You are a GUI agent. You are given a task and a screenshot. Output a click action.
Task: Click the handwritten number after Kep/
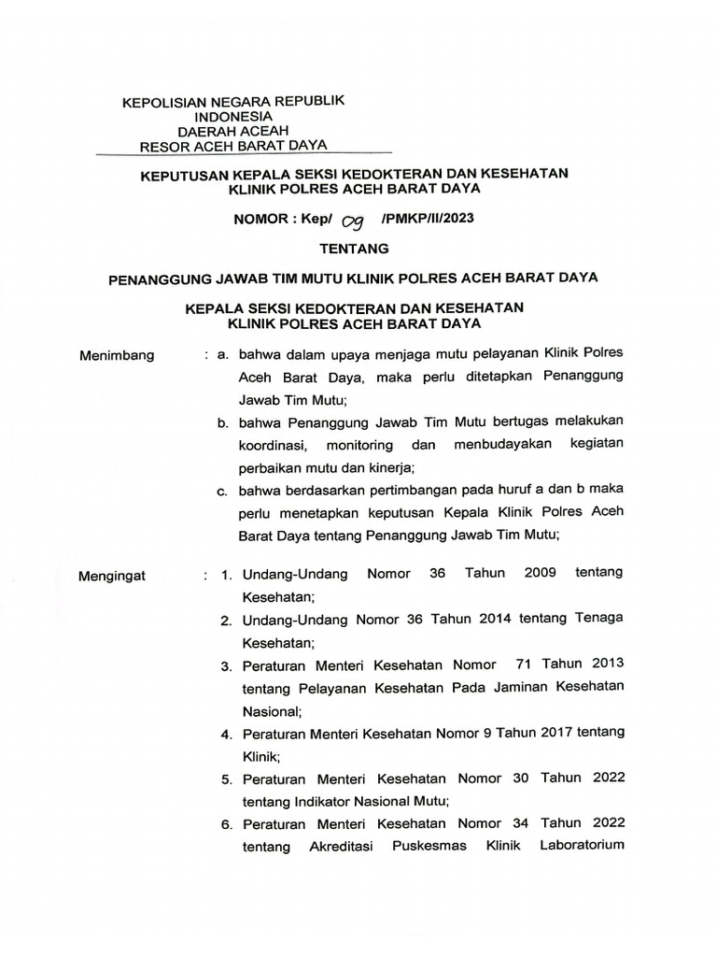click(352, 221)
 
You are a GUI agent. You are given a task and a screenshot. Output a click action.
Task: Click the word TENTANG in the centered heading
click(355, 249)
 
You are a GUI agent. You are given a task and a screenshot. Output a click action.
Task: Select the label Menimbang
click(117, 355)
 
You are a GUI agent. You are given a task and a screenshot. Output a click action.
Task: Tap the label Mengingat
click(113, 575)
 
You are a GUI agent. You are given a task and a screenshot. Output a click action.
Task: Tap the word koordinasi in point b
click(276, 445)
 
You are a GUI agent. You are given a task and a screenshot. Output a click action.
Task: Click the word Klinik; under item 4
click(262, 755)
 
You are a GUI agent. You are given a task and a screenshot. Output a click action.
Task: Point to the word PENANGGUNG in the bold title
click(160, 278)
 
